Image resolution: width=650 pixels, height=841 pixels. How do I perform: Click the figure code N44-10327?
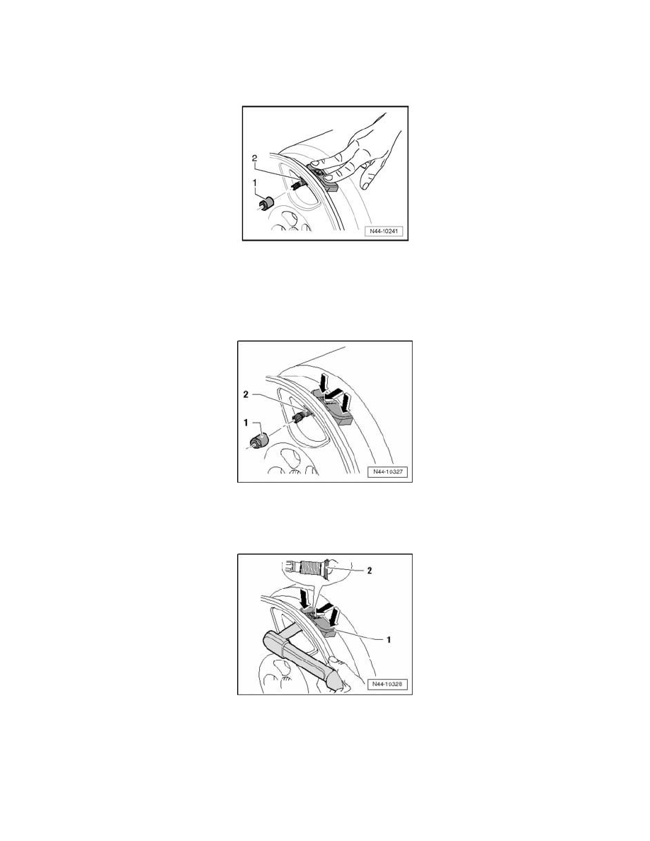click(x=386, y=472)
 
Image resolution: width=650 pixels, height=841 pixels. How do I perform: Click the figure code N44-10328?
click(x=386, y=685)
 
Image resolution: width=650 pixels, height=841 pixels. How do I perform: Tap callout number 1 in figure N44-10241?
click(x=256, y=183)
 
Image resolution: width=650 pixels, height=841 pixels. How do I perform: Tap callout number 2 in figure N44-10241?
click(x=254, y=159)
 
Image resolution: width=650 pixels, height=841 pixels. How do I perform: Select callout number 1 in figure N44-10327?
click(x=246, y=423)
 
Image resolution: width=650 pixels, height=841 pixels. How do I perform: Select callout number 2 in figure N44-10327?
click(x=246, y=394)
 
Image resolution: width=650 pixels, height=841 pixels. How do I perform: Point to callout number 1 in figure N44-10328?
click(x=388, y=639)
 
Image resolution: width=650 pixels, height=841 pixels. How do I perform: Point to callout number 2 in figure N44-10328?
click(x=370, y=571)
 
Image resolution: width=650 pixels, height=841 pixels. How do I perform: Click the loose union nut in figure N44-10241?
click(x=266, y=204)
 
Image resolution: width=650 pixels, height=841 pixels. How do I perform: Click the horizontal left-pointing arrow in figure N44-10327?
click(x=333, y=394)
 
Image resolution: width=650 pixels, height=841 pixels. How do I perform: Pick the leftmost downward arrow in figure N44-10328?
click(x=304, y=597)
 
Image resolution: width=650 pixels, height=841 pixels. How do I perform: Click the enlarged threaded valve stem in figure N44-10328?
click(x=309, y=568)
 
